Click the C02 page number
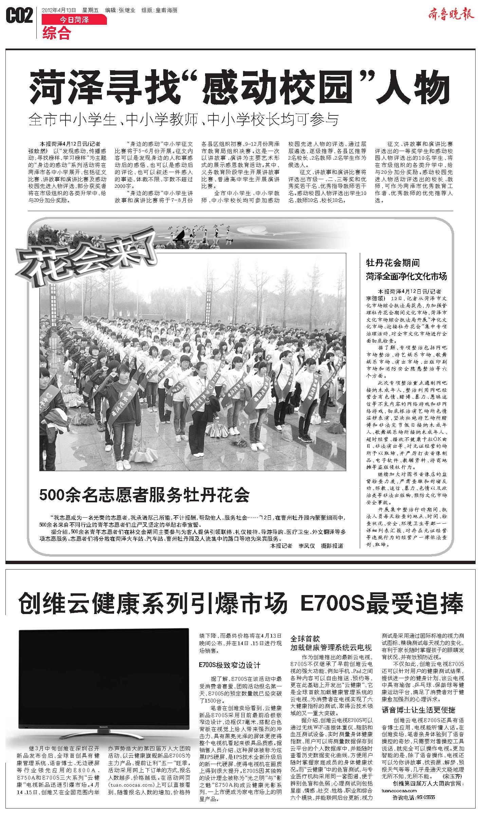click(19, 16)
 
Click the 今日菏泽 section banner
click(74, 20)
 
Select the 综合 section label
click(57, 33)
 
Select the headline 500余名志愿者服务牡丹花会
click(144, 495)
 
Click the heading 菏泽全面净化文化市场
click(406, 276)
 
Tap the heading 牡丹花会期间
click(393, 263)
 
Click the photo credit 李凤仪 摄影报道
click(320, 545)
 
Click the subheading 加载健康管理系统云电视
click(331, 647)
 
